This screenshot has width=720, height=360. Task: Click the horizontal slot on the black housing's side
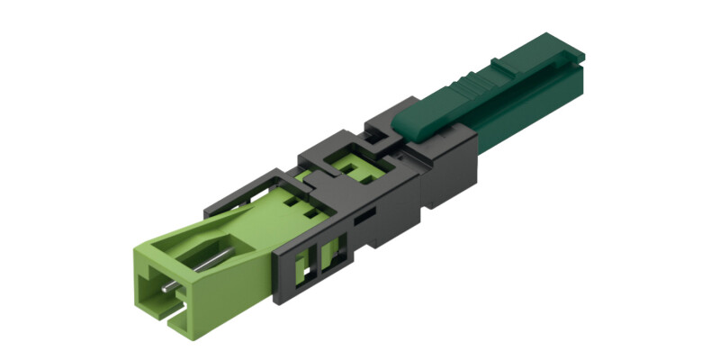pos(364,217)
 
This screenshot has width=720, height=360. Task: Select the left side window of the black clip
pos(306,262)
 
